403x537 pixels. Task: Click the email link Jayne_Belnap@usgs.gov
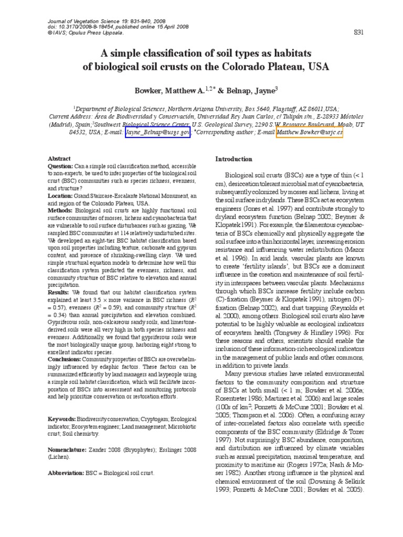click(x=157, y=134)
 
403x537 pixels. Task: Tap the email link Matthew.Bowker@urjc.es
click(x=310, y=134)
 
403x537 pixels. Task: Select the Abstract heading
click(x=59, y=158)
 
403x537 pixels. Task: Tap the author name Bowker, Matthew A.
click(x=169, y=91)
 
